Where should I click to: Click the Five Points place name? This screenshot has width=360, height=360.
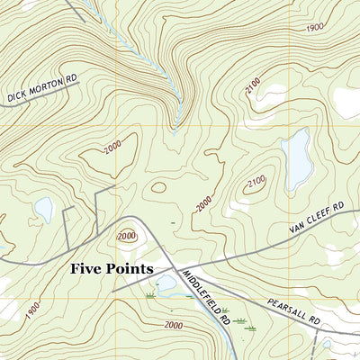112,268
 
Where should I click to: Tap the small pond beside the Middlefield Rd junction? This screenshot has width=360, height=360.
166,287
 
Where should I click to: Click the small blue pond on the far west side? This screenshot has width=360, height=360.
42,210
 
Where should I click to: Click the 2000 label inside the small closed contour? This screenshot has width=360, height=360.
126,235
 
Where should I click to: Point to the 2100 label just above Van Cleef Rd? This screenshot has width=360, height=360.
255,183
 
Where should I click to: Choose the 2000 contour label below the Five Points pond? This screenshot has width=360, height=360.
174,325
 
